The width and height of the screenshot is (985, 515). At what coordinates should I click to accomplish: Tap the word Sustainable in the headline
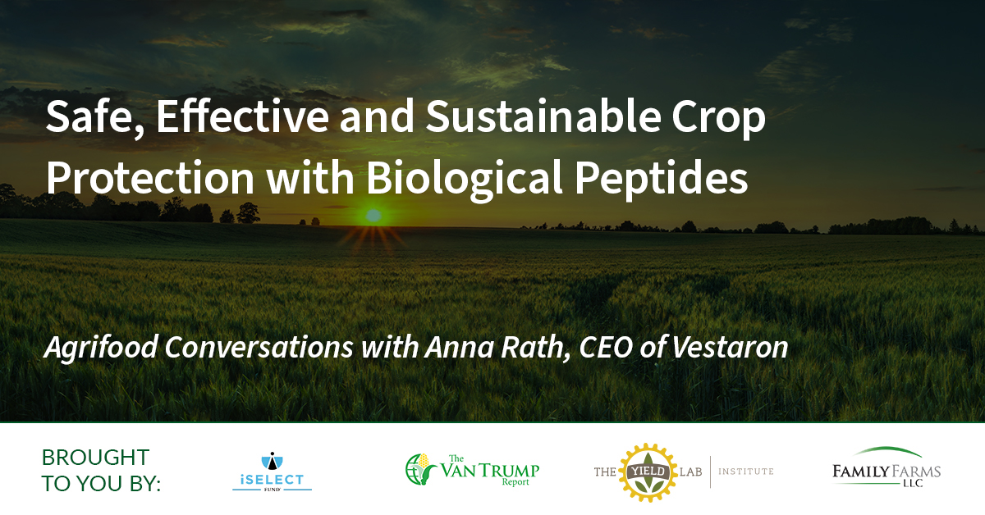pos(543,116)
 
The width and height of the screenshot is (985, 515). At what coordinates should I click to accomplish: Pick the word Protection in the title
pos(150,177)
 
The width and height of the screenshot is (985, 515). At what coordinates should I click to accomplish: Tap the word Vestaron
pos(730,347)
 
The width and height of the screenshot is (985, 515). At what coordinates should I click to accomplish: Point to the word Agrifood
pos(102,348)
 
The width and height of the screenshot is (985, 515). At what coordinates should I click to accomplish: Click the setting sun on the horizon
pos(373,216)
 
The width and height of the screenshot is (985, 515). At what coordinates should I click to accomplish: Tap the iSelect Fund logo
pos(273,471)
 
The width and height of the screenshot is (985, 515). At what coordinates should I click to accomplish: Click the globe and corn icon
pos(420,469)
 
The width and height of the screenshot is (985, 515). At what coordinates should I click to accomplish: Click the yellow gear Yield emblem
pos(648,472)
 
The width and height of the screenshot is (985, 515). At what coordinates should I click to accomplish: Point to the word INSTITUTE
pos(746,472)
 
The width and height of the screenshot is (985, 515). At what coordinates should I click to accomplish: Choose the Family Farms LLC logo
pos(886,467)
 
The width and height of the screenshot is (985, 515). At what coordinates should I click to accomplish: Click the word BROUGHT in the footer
pos(95,458)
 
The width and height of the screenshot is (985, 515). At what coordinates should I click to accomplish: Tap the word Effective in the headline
pos(242,116)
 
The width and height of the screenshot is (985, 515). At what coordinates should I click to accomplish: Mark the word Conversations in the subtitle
pos(259,347)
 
